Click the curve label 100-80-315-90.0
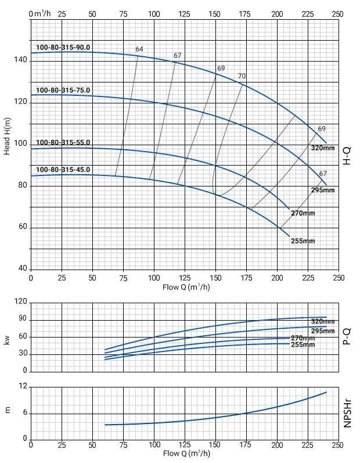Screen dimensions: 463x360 coord(63,47)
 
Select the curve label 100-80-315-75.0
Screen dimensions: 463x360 coord(63,90)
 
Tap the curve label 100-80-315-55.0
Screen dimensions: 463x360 coord(63,142)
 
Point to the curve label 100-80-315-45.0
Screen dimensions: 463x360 coord(63,170)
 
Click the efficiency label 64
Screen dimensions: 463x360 coord(139,49)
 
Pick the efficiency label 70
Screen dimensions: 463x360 coord(242,76)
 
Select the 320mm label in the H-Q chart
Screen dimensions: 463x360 coord(323,148)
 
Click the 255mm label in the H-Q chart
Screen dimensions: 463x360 coord(303,241)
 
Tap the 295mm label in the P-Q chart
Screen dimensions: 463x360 coord(323,331)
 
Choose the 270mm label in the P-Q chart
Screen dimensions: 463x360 coord(303,338)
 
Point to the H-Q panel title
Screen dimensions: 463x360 coord(347,156)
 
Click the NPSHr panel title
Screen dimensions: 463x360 coord(347,413)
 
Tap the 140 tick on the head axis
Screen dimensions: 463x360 coord(20,60)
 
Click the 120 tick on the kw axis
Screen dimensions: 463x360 coord(21,302)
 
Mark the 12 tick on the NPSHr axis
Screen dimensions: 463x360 coord(23,386)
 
